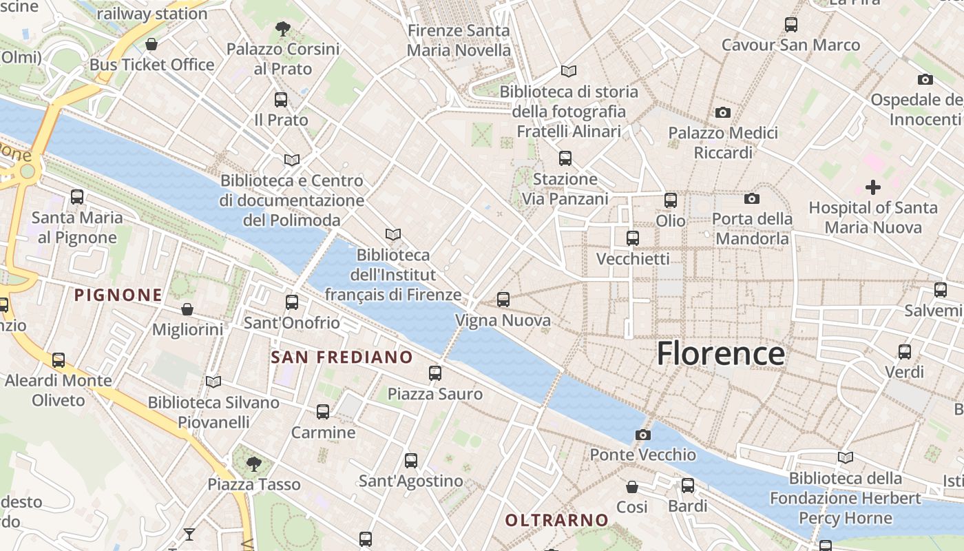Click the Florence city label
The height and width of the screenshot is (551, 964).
coord(720,353)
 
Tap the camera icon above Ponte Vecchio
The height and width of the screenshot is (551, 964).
coord(642,435)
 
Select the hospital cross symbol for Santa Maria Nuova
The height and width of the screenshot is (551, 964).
coord(872,187)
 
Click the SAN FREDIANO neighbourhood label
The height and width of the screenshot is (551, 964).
coord(342,357)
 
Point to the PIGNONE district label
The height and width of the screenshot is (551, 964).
coord(118,295)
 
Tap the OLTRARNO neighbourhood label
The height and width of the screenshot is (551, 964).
coord(557,520)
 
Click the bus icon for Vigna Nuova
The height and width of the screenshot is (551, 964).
coord(503,300)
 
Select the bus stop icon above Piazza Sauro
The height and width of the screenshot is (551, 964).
coord(434,373)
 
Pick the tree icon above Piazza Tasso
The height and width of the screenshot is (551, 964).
coord(254,464)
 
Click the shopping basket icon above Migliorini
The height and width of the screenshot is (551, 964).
coord(187,309)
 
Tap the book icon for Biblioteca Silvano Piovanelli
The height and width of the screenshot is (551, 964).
coord(213,382)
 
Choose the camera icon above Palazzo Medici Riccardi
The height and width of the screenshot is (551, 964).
coord(722,112)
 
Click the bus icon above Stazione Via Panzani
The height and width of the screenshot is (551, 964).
coord(565,158)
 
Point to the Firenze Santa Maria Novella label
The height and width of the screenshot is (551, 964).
coord(459,41)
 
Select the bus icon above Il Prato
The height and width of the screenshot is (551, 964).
coord(281,99)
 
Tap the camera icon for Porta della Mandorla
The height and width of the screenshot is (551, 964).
coord(751,199)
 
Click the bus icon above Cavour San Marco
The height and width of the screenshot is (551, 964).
coord(791,25)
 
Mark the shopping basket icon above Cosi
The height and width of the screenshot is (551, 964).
coord(632,487)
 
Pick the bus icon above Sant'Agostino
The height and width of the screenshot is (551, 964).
coord(411,461)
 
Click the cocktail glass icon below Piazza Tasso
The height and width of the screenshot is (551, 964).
coord(189,534)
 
